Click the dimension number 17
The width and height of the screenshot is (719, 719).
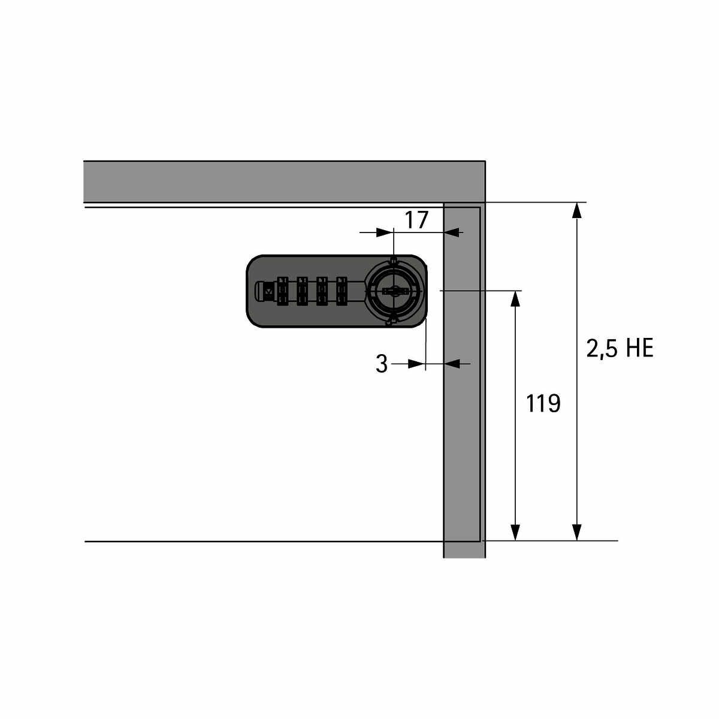coord(416,220)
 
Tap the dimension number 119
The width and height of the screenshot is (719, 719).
coord(543,403)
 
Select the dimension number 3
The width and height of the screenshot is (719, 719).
coord(382,364)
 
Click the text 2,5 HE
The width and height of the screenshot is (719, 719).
coord(620,349)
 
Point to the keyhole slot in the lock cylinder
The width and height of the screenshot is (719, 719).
coord(394,291)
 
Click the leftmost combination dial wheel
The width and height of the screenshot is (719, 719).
coord(282,291)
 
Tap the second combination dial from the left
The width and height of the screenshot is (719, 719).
coord(302,291)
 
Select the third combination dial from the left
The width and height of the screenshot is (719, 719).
coord(322,291)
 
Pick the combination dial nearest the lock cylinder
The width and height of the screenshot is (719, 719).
coord(342,291)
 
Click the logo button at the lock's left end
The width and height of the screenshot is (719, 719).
coord(268,291)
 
